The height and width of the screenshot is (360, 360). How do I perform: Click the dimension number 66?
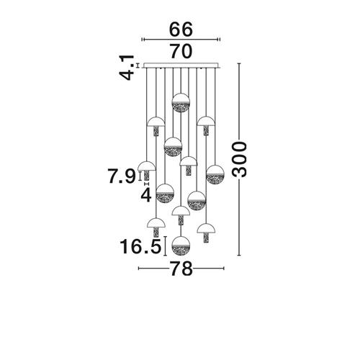click(x=181, y=30)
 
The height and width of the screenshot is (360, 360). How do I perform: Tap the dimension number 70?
click(x=181, y=51)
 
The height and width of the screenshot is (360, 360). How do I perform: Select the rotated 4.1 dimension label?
click(x=127, y=68)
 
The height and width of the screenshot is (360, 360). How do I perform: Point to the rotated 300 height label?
click(x=239, y=159)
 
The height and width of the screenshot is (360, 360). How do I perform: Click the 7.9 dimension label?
click(x=122, y=176)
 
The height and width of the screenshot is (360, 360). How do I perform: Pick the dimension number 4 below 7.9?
click(x=146, y=195)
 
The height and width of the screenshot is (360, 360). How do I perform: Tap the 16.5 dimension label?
click(x=140, y=246)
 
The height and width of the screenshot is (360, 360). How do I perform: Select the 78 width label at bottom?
click(x=181, y=269)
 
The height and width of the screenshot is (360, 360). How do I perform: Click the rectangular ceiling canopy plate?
click(x=181, y=66)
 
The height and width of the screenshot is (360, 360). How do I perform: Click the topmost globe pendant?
click(x=181, y=102)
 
